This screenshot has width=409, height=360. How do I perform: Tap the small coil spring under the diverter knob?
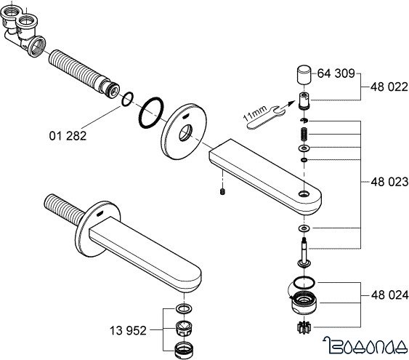pyautogui.click(x=304, y=134)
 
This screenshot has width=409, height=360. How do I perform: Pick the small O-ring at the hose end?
pyautogui.click(x=128, y=99)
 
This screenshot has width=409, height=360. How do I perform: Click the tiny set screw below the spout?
pyautogui.click(x=222, y=192)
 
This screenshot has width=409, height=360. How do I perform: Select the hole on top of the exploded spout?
pyautogui.click(x=304, y=194)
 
